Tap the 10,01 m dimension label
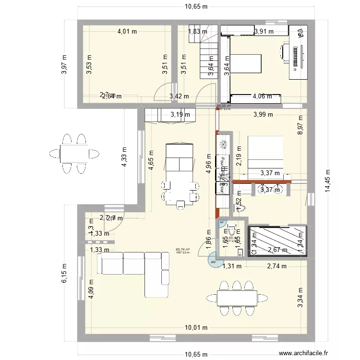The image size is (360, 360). (x=195, y=328)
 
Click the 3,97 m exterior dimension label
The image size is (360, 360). (x=64, y=64)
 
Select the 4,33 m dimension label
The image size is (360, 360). (x=124, y=156)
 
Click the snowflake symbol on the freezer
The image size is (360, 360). (x=223, y=144)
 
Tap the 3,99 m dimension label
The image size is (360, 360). (x=263, y=114)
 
